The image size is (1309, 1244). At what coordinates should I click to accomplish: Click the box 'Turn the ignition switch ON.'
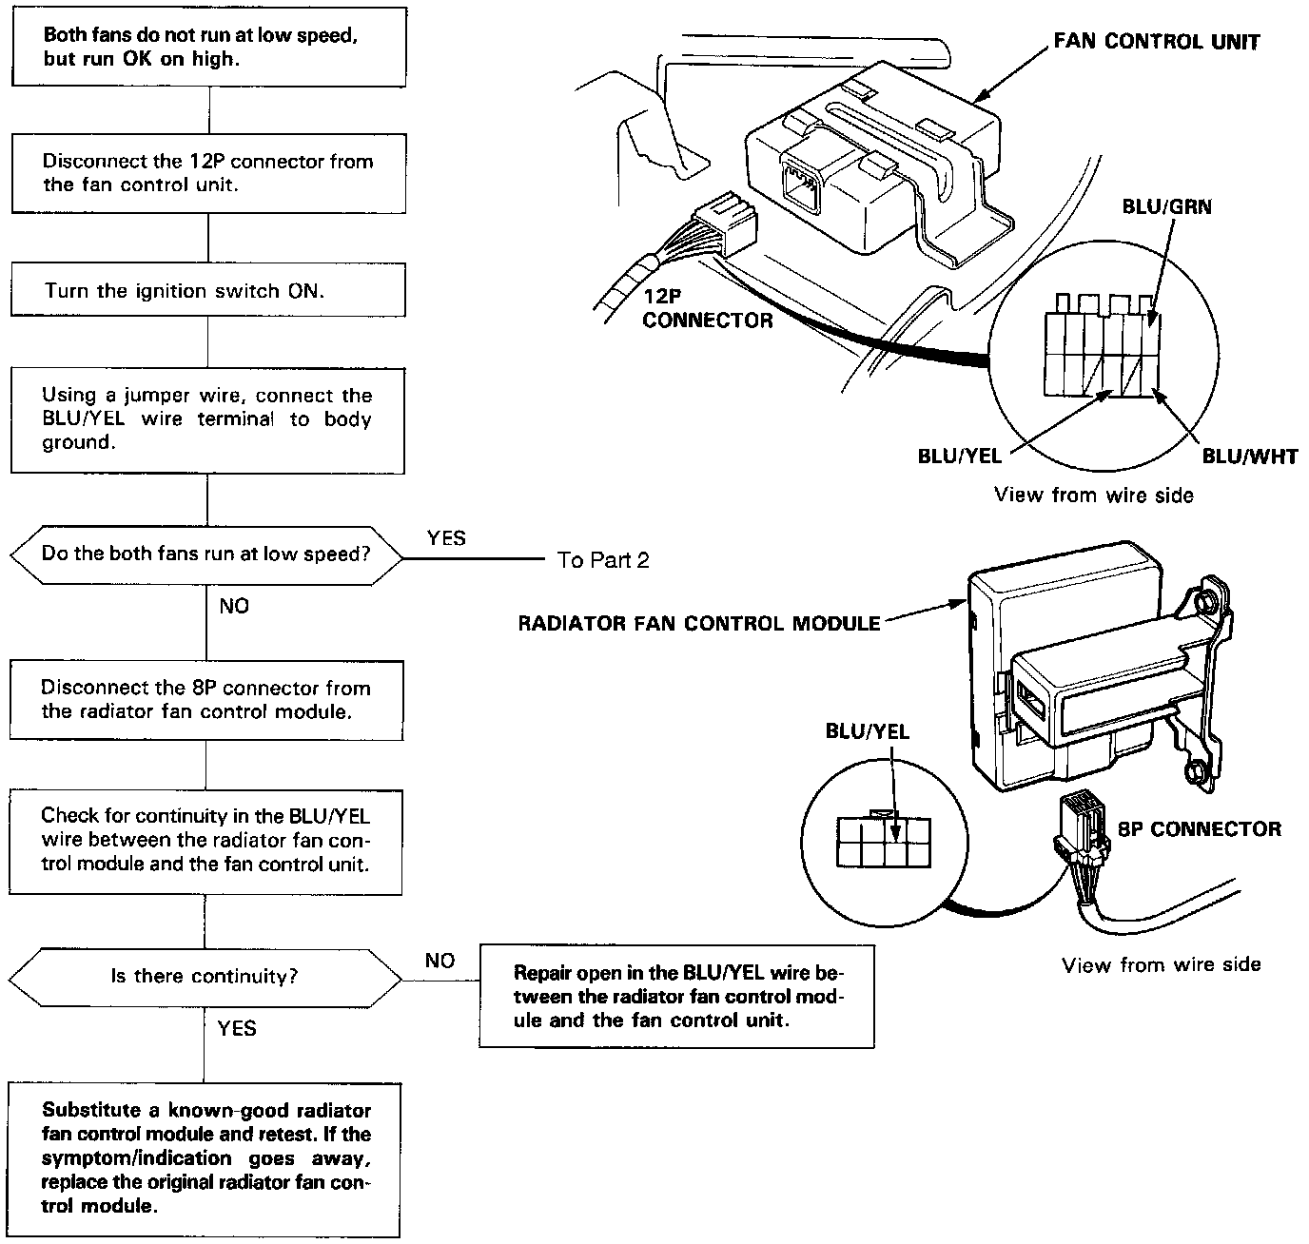coord(207,291)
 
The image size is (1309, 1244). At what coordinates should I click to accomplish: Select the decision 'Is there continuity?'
coord(205,977)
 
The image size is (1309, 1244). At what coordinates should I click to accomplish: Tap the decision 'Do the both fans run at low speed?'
coord(205,554)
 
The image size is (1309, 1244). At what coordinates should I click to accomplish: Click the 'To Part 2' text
coord(603,560)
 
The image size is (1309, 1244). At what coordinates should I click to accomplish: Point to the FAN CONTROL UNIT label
coord(1156,42)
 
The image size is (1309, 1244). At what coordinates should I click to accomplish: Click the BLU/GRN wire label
coord(1166,205)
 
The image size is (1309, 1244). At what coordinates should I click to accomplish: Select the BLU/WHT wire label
coord(1249,457)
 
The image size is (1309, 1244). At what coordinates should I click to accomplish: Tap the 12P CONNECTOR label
coord(707,308)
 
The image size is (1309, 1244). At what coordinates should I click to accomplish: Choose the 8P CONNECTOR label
coord(1199,829)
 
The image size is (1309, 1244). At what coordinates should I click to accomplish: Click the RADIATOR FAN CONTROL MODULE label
coord(698,624)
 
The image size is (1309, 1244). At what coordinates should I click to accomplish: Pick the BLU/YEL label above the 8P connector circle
coord(867,731)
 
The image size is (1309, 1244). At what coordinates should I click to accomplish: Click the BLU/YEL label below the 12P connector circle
coord(959,456)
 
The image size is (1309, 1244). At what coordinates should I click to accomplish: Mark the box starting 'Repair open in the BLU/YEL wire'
coord(676,997)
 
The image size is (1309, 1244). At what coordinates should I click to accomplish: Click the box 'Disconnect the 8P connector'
coord(206,700)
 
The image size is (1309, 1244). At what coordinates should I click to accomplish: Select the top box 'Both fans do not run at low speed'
coord(207,47)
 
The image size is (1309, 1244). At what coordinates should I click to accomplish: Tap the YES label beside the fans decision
coord(446,538)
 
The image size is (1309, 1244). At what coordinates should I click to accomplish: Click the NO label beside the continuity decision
coord(440,961)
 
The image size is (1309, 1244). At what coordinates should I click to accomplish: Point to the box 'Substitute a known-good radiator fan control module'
coord(205,1157)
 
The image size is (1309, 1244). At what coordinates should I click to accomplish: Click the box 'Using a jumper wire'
coord(207,419)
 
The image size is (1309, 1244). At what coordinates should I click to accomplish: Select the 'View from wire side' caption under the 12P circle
coord(1093,495)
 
